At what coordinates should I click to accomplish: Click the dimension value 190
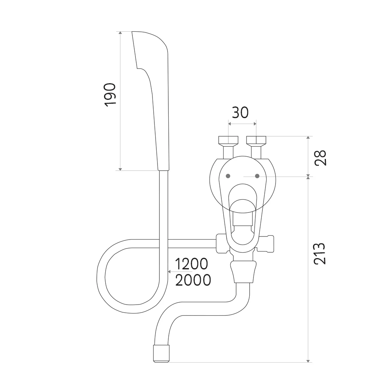pyautogui.click(x=110, y=95)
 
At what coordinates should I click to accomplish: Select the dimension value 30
pyautogui.click(x=240, y=113)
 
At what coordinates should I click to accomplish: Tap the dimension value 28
pyautogui.click(x=320, y=158)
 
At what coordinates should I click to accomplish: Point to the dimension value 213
pyautogui.click(x=320, y=253)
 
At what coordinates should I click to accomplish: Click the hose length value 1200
pyautogui.click(x=192, y=264)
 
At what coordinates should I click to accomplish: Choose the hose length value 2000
pyautogui.click(x=193, y=280)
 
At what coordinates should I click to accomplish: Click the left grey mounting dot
pyautogui.click(x=228, y=176)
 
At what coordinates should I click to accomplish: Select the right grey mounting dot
pyautogui.click(x=257, y=176)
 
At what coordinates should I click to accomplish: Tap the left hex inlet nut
pyautogui.click(x=228, y=140)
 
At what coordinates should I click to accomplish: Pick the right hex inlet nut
pyautogui.click(x=256, y=140)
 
